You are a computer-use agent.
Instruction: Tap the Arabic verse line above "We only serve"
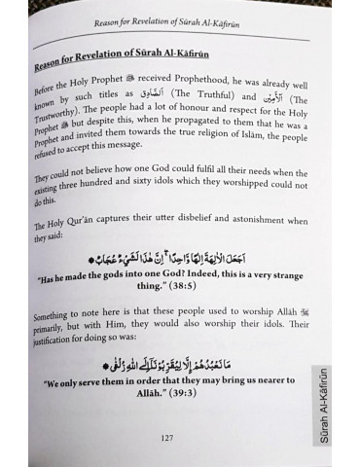coord(178,366)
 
